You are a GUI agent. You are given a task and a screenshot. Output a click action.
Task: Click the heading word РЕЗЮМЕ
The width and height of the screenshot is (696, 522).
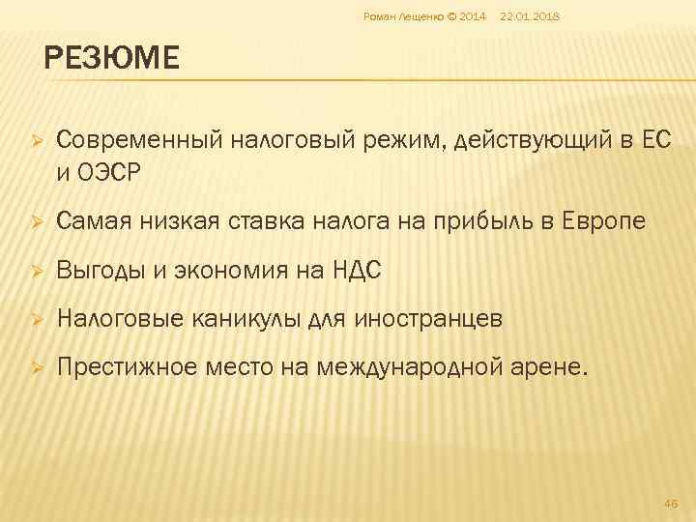click(111, 59)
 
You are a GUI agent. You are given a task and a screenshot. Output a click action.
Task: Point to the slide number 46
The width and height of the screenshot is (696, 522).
click(673, 504)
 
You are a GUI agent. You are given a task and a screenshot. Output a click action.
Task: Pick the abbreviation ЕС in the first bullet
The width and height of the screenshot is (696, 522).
click(653, 142)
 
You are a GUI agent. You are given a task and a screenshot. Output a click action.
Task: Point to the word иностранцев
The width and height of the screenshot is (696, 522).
click(430, 319)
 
